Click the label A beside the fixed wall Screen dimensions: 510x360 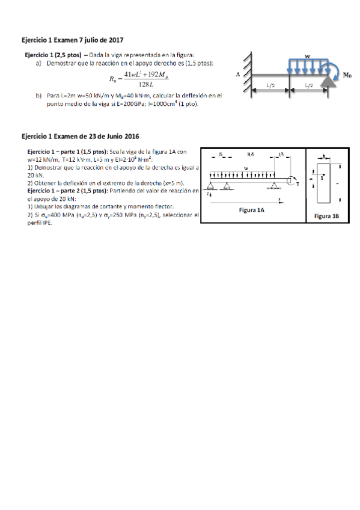tap(239, 74)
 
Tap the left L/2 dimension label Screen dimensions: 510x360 tap(270, 86)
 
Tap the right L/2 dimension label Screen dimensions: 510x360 tap(308, 86)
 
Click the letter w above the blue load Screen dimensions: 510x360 tap(307, 56)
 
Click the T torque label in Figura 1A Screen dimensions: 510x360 tap(297, 183)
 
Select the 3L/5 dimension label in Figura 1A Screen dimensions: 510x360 tap(251, 155)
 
